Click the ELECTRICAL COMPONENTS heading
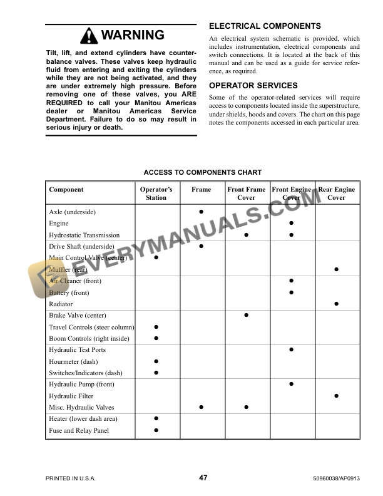coord(265,26)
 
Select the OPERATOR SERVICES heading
coord(253,85)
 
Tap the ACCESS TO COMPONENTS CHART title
coord(203,172)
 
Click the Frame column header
coord(202,189)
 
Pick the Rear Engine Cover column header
coord(337,194)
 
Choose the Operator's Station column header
coord(156,194)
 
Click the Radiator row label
coord(62,304)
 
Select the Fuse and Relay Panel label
coord(79,430)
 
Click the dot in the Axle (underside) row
coord(202,212)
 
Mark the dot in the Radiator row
coord(337,304)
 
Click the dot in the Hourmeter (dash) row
coord(156,361)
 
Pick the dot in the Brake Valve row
coord(247,315)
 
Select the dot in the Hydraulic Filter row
coord(337,396)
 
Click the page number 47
coord(203,478)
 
